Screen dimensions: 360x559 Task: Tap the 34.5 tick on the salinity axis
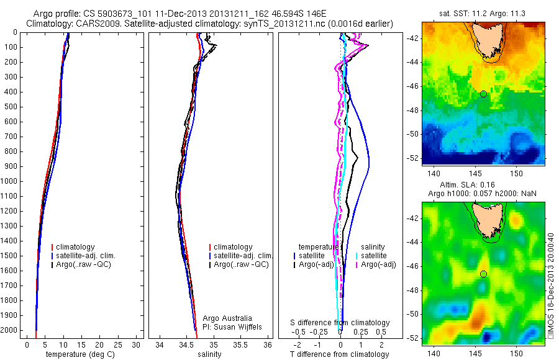(186, 344)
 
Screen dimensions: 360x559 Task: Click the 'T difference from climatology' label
(339, 354)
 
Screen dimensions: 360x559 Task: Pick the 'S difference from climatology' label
(340, 323)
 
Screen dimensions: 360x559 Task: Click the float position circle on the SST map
(483, 94)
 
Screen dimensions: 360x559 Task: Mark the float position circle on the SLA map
(483, 274)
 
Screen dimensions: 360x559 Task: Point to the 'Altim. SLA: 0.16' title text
(483, 186)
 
